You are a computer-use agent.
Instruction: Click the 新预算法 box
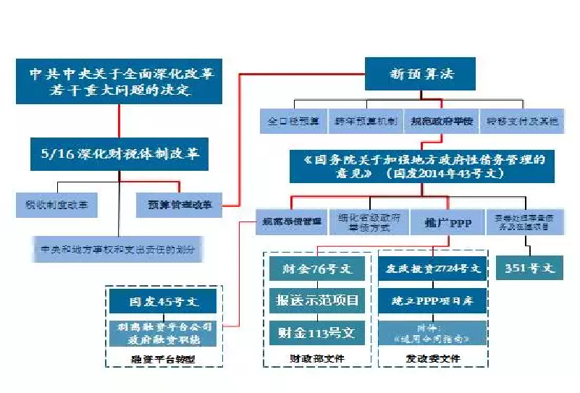421,74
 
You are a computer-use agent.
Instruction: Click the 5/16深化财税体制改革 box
119,153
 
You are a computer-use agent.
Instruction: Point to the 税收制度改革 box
56,205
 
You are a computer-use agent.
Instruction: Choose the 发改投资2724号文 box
431,269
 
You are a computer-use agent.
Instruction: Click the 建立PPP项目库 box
431,300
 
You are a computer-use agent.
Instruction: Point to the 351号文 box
529,268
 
